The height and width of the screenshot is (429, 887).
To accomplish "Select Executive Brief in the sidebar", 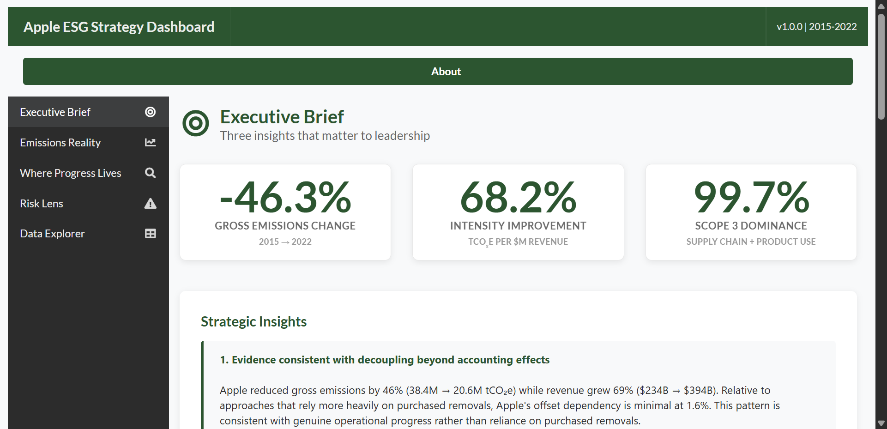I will click(55, 112).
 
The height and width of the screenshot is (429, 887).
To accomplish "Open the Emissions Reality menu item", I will click(60, 143).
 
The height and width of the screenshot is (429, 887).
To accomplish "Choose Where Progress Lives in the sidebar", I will click(71, 173).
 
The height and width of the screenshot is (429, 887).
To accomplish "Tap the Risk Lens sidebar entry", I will click(42, 204).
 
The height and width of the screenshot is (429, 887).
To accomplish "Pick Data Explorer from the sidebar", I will click(52, 234).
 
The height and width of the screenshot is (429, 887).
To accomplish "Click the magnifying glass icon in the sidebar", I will click(150, 173).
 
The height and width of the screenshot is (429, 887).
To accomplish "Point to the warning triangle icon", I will click(150, 204).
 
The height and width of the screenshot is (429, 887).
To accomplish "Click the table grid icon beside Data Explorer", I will click(150, 234).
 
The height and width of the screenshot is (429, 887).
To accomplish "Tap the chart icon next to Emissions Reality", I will click(150, 143).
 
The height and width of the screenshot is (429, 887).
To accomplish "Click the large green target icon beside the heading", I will click(196, 123).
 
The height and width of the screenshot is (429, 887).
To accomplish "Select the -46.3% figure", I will click(285, 198).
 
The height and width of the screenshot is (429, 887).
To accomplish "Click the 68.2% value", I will click(518, 198).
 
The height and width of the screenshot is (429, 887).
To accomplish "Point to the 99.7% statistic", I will click(751, 198).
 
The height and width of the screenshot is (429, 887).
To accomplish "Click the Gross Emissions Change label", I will click(285, 226).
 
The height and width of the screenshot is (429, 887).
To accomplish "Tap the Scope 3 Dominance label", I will click(751, 226).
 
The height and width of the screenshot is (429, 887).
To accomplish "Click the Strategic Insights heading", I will click(253, 321).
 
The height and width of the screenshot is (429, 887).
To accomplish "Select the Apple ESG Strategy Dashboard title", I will click(119, 27).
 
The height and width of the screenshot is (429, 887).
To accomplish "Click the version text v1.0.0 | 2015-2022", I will click(816, 27).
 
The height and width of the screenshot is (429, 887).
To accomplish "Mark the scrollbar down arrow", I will click(881, 423).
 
